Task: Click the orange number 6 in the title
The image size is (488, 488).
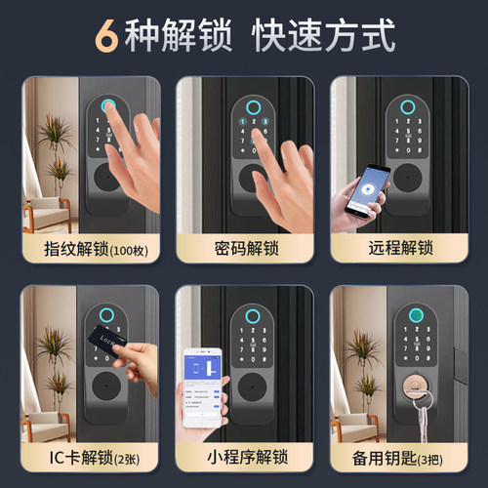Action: point(106,34)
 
